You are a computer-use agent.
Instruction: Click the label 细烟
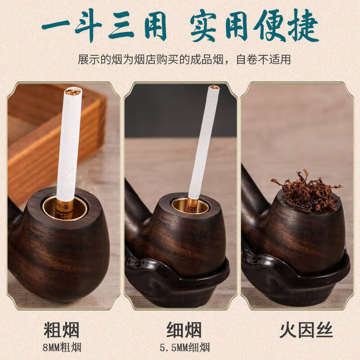(x=184, y=330)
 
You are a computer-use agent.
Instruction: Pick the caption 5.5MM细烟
(x=184, y=347)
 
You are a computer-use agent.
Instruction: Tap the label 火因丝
(x=306, y=330)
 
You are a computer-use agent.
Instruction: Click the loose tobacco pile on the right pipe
(x=306, y=191)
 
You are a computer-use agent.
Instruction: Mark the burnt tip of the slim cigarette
(x=214, y=87)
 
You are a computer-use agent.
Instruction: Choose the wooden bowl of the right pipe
(x=306, y=238)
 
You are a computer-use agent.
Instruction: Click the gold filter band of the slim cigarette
(x=192, y=203)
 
